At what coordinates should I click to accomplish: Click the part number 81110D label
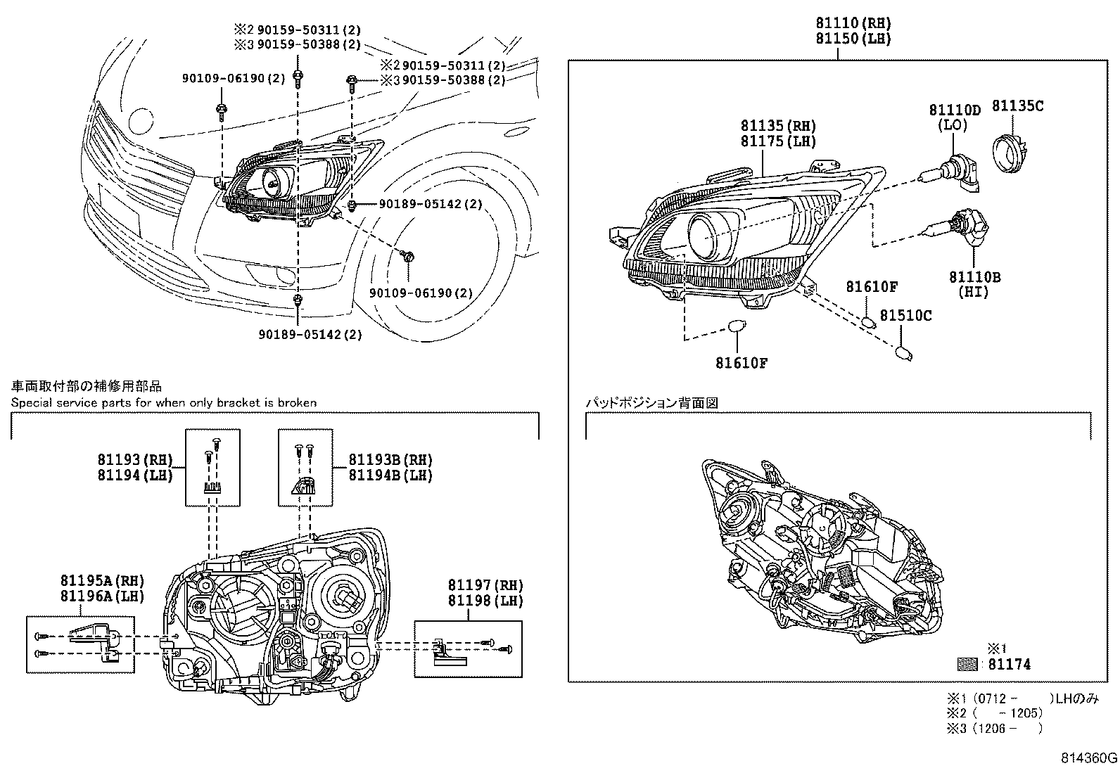[x=954, y=110]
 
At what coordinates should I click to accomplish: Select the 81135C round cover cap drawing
[x=1010, y=151]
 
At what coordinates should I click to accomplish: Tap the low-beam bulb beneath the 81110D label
[x=957, y=173]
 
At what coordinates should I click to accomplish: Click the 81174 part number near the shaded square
[x=1009, y=664]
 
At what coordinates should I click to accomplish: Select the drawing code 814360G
[x=1089, y=758]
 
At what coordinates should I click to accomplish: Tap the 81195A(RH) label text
[x=101, y=581]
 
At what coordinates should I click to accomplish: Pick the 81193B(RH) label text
[x=390, y=460]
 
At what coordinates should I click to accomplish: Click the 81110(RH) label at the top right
[x=853, y=23]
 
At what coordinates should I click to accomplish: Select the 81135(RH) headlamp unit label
[x=777, y=126]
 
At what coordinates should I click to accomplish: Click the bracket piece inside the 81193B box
[x=303, y=485]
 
